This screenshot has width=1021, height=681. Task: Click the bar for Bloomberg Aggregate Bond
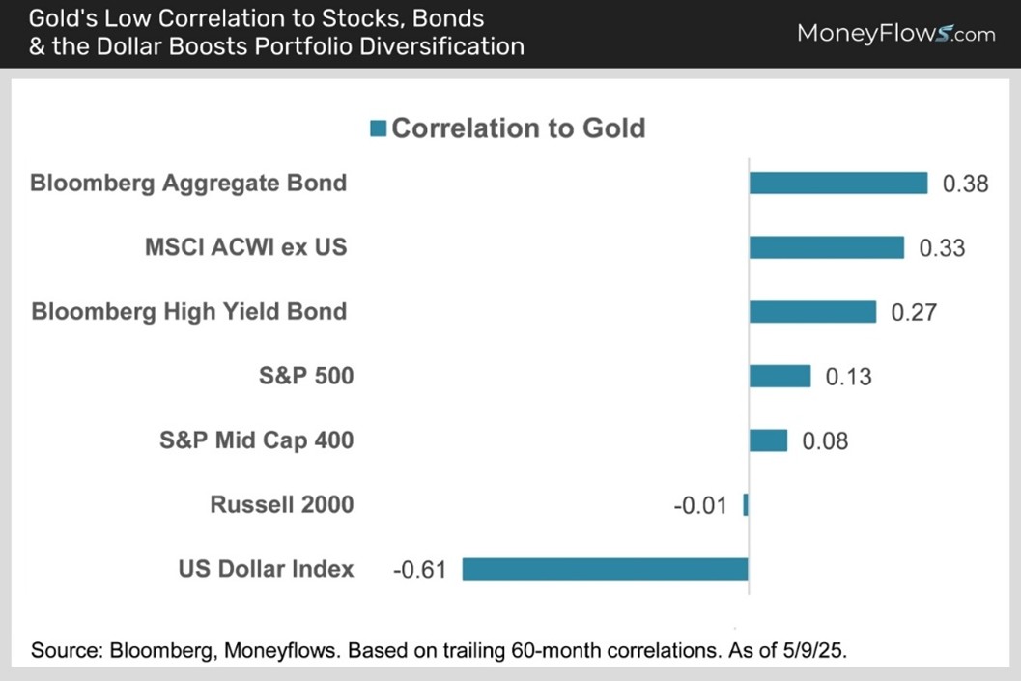click(838, 183)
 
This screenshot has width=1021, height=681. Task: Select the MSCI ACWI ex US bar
click(827, 247)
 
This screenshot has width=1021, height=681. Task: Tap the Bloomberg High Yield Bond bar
click(812, 311)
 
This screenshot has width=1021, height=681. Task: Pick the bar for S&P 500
click(780, 376)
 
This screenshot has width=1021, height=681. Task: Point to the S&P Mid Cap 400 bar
click(768, 440)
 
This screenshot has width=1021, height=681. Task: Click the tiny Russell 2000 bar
click(746, 504)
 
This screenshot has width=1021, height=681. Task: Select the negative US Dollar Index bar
click(605, 569)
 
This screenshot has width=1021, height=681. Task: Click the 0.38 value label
click(965, 184)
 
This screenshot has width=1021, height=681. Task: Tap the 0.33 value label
click(942, 248)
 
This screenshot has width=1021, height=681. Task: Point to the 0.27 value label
click(913, 312)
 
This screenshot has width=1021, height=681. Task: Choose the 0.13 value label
click(848, 377)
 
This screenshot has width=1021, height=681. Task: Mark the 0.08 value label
click(825, 441)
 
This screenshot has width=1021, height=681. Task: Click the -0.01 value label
click(700, 505)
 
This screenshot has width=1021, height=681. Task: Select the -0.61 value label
click(419, 570)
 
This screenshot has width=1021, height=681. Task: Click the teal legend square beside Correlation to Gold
click(378, 128)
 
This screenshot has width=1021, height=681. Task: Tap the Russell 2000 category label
click(281, 504)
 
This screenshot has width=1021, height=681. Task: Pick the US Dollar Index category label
click(266, 569)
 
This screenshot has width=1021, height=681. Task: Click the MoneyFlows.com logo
click(895, 34)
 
